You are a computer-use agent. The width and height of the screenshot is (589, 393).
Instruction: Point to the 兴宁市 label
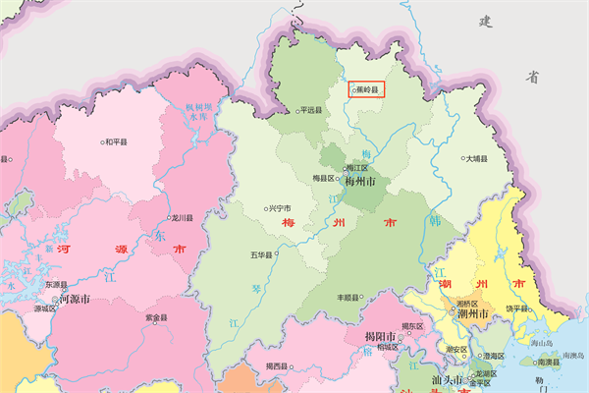click(x=281, y=208)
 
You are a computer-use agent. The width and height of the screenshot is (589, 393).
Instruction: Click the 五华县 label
click(x=263, y=255)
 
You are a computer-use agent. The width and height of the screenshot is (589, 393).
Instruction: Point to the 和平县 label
click(x=116, y=142)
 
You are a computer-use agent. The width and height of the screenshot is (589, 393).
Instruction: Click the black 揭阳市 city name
click(x=372, y=337)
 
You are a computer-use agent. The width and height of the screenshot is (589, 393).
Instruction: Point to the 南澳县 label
click(x=549, y=362)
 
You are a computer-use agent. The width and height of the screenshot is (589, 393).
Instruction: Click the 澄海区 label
click(x=492, y=356)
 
